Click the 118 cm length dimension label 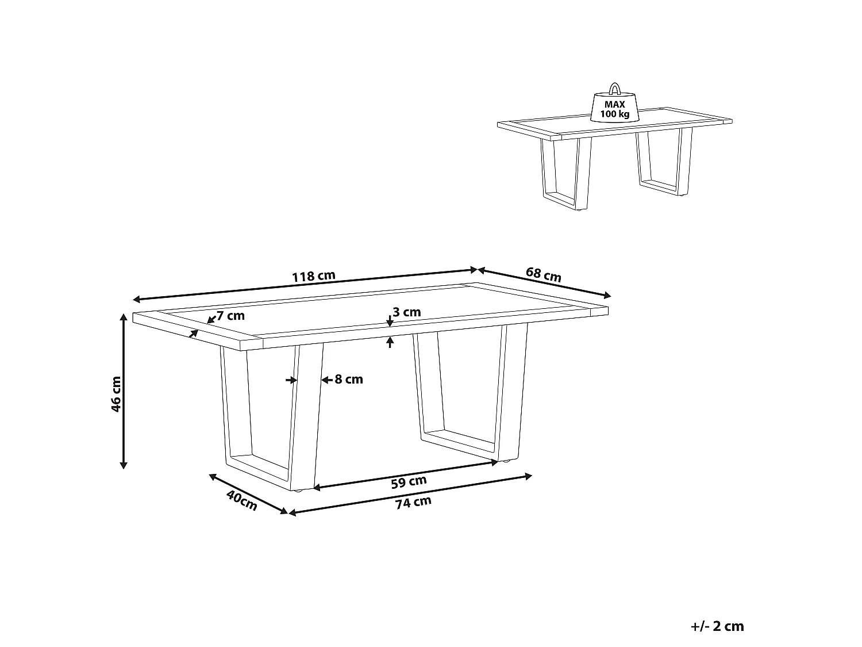(x=313, y=275)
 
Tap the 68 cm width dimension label (x=543, y=274)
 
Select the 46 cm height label (x=116, y=393)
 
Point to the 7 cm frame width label (x=231, y=316)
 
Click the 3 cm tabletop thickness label (x=407, y=312)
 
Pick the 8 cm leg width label (x=349, y=380)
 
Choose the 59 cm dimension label (x=409, y=482)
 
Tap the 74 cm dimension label (x=413, y=502)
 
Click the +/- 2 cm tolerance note (x=717, y=626)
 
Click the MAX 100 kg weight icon (x=614, y=107)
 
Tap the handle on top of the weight (x=615, y=89)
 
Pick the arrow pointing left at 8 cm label (x=325, y=380)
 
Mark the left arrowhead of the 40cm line (x=212, y=476)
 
